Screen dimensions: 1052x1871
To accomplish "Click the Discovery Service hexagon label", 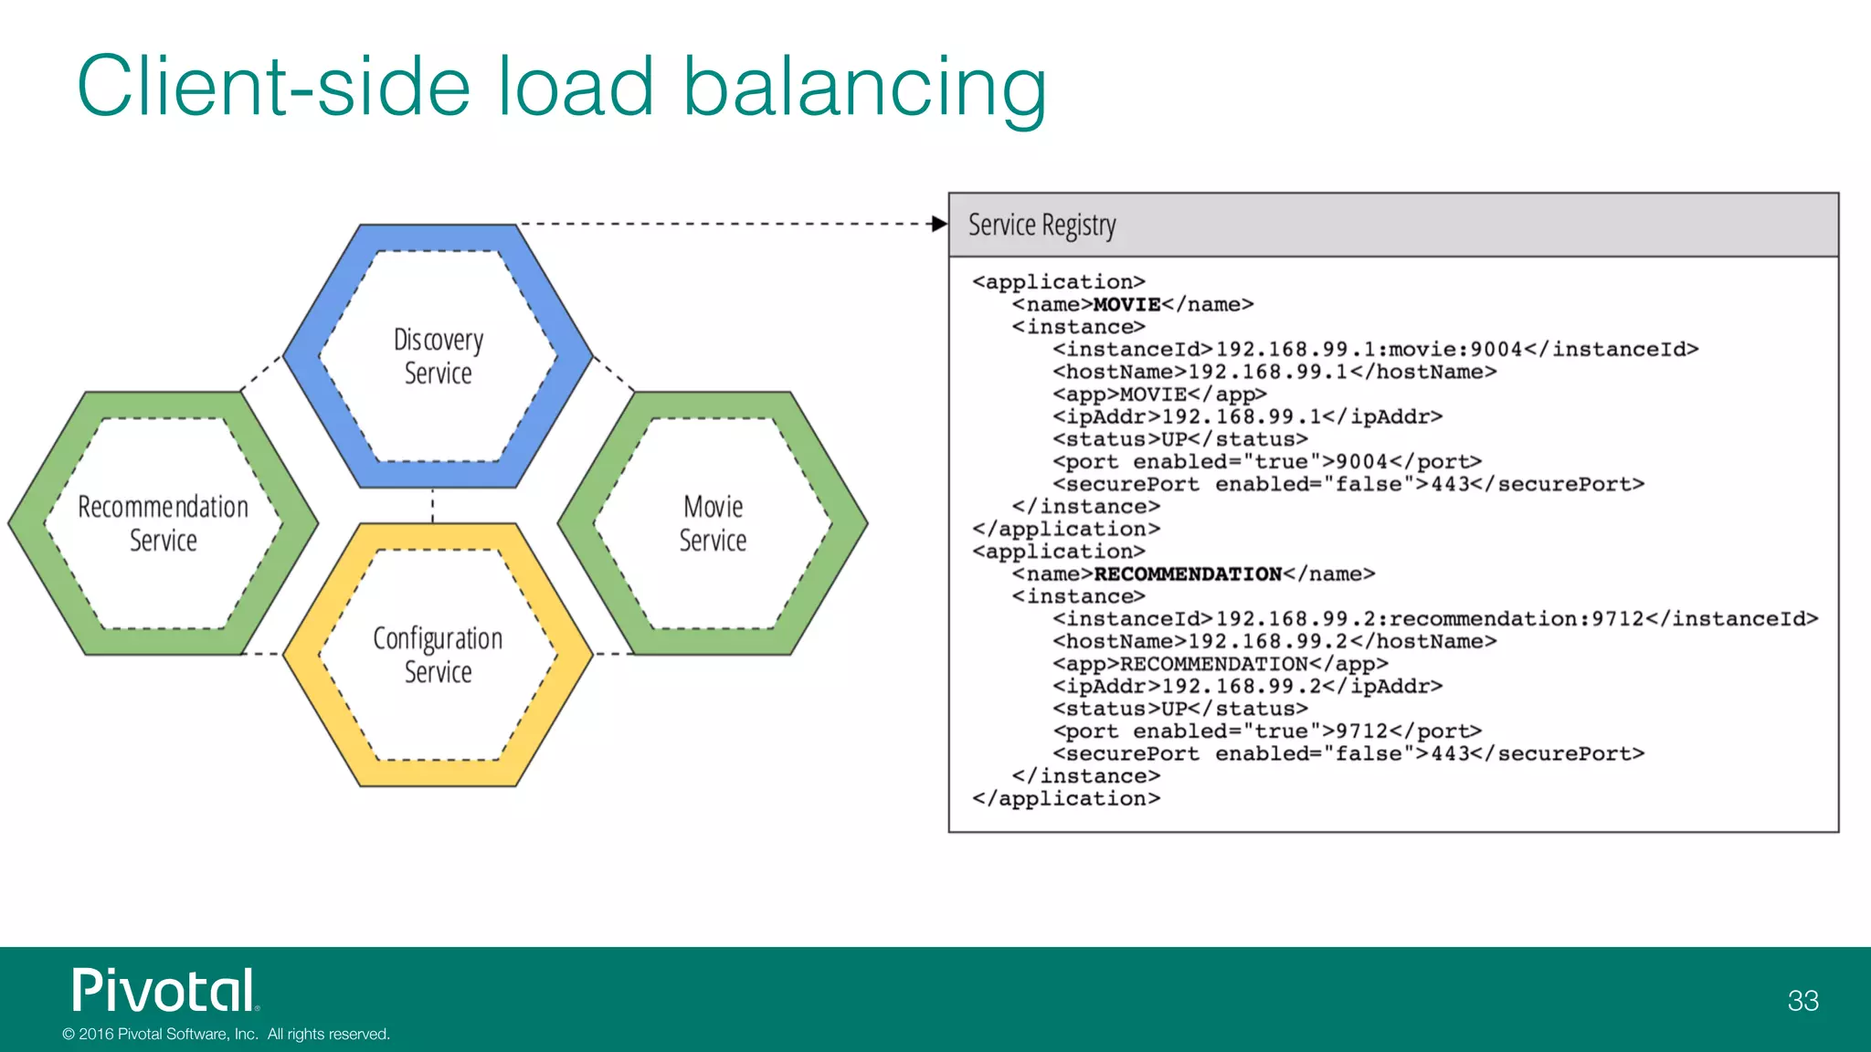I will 438,356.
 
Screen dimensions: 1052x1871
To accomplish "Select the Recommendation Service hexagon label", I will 163,523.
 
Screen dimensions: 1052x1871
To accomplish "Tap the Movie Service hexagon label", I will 713,523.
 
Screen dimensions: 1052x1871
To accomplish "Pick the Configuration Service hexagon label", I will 438,655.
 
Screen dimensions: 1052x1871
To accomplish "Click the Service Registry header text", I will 1041,225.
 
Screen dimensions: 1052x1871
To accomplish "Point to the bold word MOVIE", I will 1126,304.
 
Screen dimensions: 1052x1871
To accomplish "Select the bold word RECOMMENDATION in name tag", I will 1188,573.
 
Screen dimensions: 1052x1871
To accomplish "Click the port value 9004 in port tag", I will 1361,461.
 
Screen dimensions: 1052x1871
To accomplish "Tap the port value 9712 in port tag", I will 1361,731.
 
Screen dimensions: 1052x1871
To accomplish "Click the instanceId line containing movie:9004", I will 1375,349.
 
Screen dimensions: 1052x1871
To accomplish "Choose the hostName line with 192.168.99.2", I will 1274,641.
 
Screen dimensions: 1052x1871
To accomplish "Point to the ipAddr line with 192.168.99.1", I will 1247,416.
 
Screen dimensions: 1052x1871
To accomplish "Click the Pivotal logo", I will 164,991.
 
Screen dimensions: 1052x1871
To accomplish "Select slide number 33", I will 1802,1001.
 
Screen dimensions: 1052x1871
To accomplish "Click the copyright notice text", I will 226,1034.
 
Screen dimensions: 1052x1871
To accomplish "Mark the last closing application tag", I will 1066,798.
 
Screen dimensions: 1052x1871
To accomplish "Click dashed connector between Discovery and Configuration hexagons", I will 433,505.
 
